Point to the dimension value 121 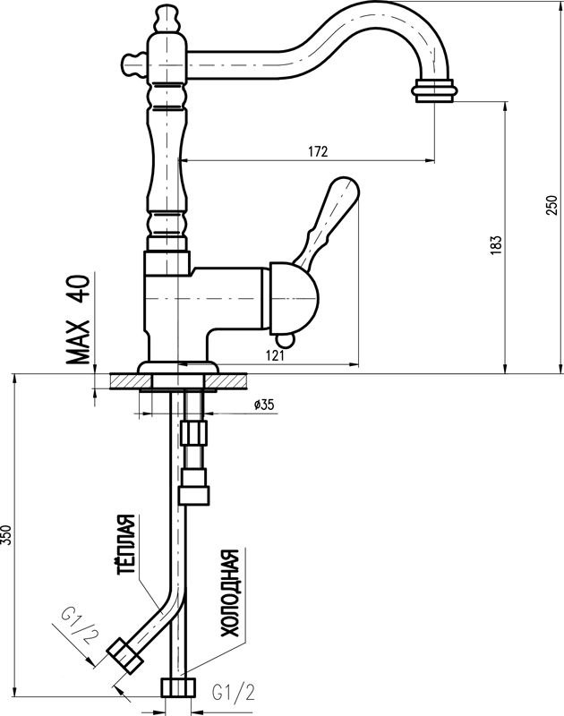[x=276, y=356]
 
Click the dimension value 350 [x=6, y=534]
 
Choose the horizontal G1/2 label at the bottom [x=231, y=692]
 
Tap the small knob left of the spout [x=132, y=64]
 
